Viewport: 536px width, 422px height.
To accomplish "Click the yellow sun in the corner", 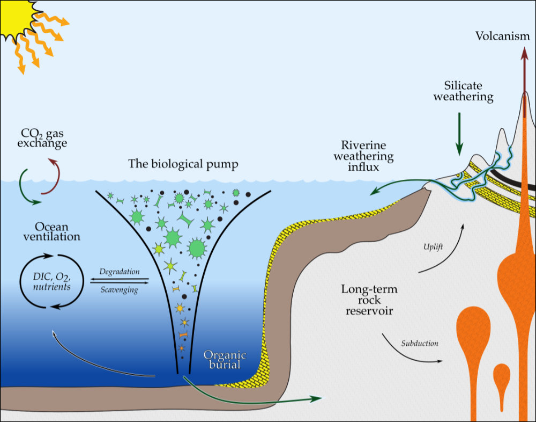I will pyautogui.click(x=12, y=15).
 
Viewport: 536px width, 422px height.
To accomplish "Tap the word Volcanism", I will pyautogui.click(x=503, y=37).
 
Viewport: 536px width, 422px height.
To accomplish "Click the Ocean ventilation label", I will pyautogui.click(x=51, y=231).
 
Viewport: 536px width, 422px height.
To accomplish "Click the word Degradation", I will pyautogui.click(x=119, y=272).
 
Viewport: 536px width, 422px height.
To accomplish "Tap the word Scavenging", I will pyautogui.click(x=118, y=290).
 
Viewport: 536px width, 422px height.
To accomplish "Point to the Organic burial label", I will pyautogui.click(x=224, y=360).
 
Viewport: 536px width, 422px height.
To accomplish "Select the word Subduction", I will pyautogui.click(x=420, y=343).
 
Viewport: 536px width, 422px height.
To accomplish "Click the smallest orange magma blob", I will pyautogui.click(x=501, y=374).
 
